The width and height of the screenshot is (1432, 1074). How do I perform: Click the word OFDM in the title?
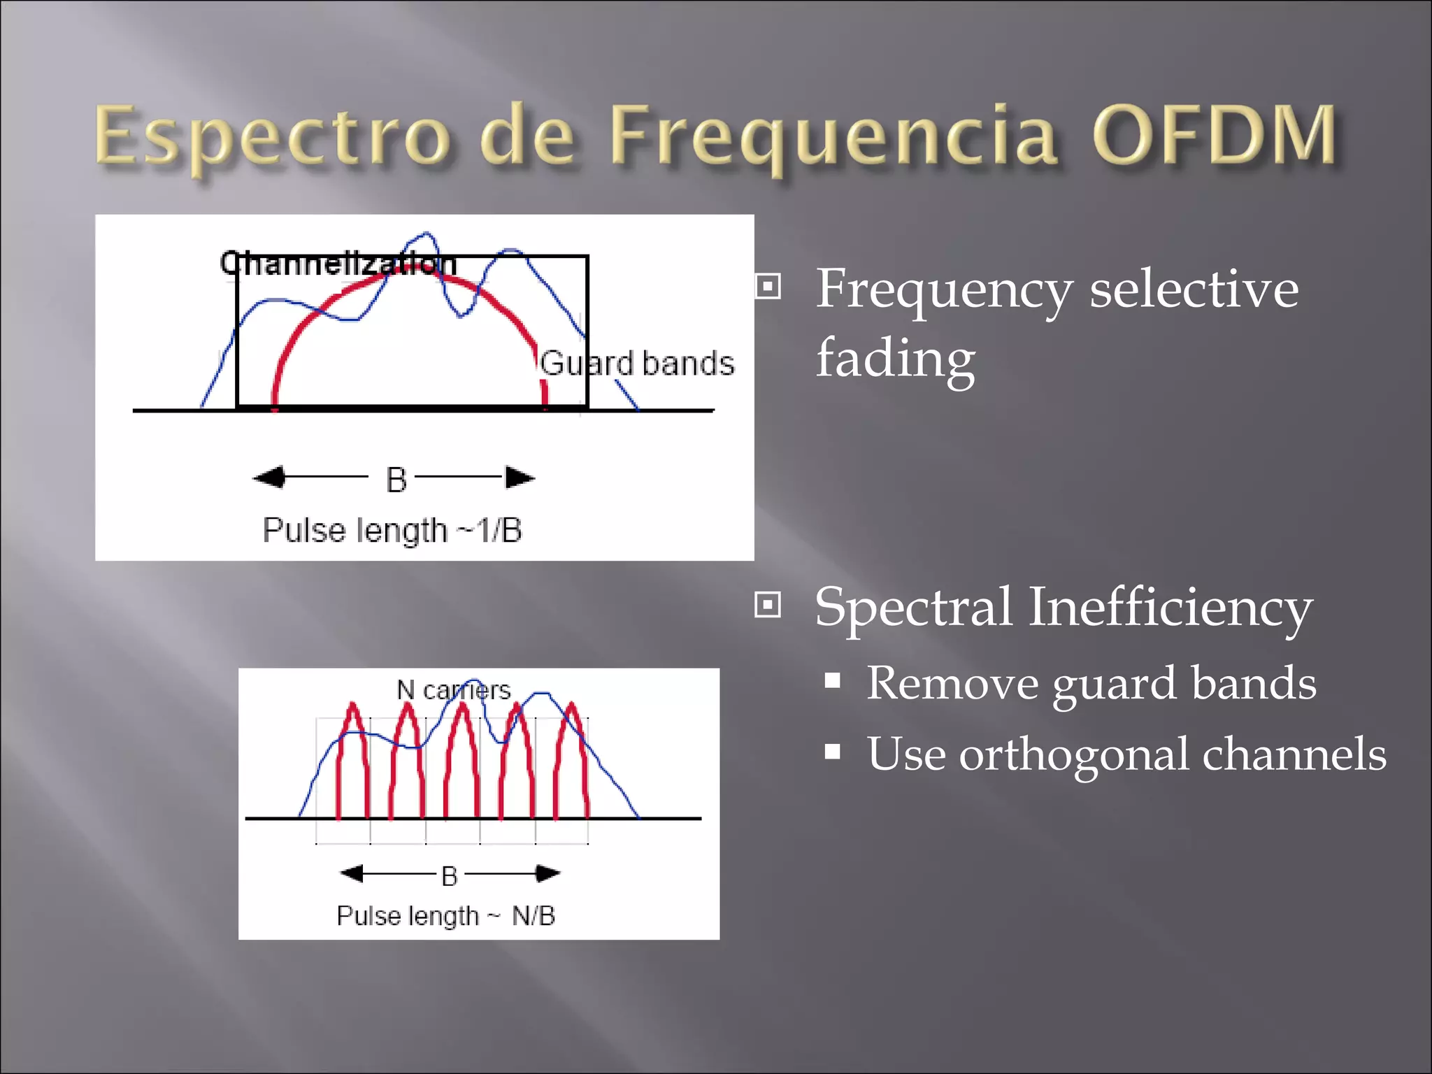(1214, 134)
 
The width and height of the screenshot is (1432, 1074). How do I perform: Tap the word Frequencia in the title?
(832, 138)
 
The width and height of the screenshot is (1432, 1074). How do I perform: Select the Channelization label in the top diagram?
(338, 264)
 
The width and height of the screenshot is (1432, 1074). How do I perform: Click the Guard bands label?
(637, 364)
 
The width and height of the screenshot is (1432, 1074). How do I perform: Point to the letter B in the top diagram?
(396, 480)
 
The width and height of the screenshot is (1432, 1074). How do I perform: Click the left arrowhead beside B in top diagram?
(270, 478)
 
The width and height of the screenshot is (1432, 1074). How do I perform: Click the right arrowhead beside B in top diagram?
(520, 478)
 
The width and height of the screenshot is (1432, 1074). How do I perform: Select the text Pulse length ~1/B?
(392, 530)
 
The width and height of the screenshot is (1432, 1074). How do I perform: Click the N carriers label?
(453, 690)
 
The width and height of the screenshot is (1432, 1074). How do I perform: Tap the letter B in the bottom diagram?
(450, 875)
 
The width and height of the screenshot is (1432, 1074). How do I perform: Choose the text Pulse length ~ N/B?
(445, 916)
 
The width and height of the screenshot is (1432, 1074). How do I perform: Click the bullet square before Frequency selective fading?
(768, 286)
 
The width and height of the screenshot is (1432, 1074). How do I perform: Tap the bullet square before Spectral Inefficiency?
(768, 604)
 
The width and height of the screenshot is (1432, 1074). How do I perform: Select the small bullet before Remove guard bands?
(832, 680)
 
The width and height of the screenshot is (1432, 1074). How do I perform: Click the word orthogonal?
(1073, 754)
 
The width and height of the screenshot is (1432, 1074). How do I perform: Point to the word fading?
(896, 358)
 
